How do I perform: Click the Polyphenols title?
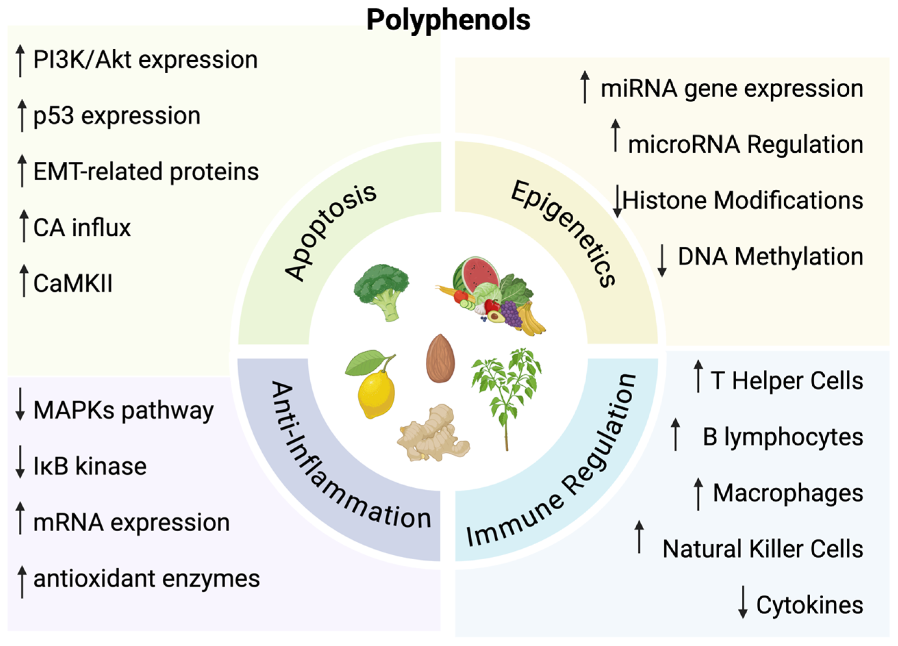[448, 20]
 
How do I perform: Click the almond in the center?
[440, 358]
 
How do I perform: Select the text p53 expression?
[117, 116]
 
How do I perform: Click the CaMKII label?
[73, 284]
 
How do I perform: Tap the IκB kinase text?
[90, 466]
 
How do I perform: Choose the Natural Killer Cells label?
[763, 549]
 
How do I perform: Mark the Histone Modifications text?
[743, 200]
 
